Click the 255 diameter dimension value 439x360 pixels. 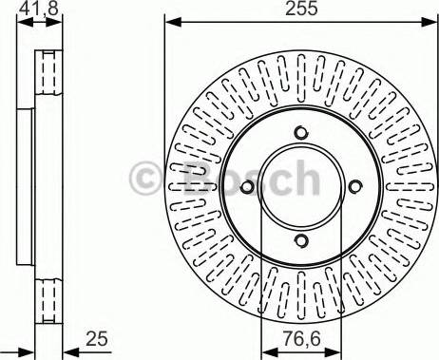[301, 9]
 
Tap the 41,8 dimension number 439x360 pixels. [39, 9]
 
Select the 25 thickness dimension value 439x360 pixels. [97, 339]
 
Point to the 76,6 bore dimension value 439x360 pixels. [301, 339]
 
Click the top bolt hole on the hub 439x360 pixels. [301, 132]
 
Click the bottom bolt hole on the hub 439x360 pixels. [301, 240]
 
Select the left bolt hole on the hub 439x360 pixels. [247, 187]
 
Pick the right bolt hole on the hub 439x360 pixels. [355, 186]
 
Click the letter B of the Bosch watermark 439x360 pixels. [198, 178]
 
